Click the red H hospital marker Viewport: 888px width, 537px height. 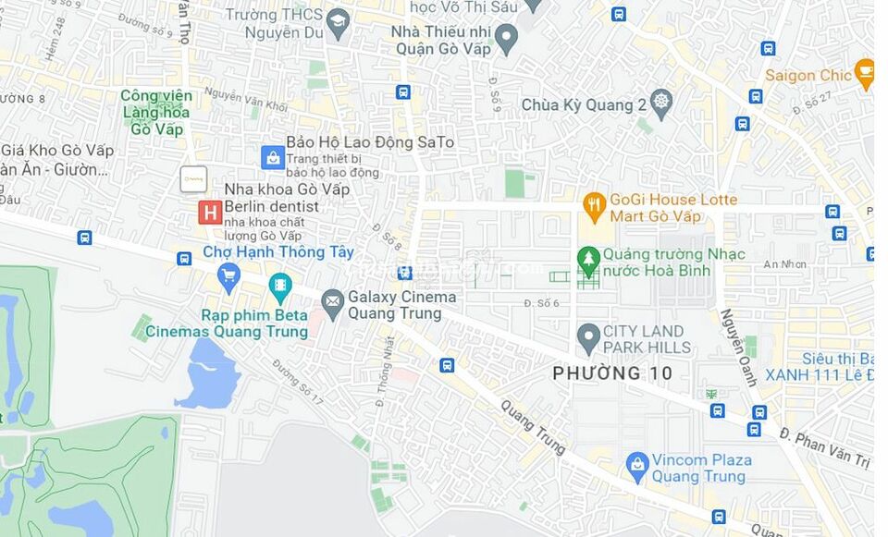(x=210, y=213)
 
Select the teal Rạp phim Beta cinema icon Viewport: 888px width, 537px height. (x=279, y=287)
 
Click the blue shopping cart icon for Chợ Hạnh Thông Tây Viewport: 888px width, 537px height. (x=228, y=275)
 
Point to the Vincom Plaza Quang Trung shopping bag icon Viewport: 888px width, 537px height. (x=637, y=466)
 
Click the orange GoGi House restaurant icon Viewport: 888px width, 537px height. (x=595, y=205)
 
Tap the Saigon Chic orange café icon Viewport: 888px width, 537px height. (x=865, y=74)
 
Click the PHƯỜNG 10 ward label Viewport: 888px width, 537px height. (x=612, y=373)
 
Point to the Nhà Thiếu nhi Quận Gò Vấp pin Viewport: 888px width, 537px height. (x=505, y=38)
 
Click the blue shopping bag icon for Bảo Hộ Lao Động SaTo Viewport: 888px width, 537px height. (x=272, y=157)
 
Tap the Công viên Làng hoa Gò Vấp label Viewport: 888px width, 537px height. (x=156, y=112)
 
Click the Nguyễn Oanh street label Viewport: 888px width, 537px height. (x=738, y=348)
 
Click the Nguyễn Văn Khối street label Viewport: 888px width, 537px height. (x=246, y=100)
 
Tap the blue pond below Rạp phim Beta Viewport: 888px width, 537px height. (x=207, y=374)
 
